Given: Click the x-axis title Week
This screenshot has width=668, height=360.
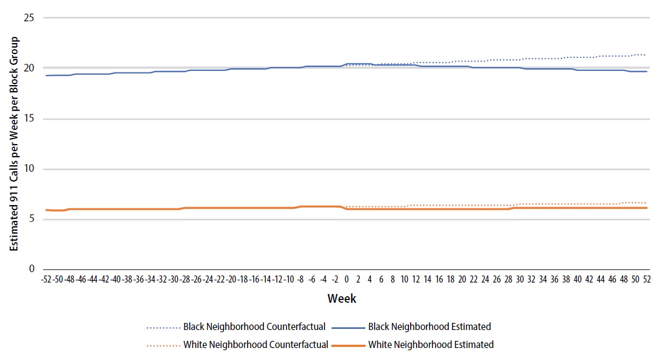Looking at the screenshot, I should (x=342, y=298).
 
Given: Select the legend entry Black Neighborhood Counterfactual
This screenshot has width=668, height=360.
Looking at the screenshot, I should (x=254, y=327).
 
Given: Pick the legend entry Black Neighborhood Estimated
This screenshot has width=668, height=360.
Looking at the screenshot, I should (x=430, y=327).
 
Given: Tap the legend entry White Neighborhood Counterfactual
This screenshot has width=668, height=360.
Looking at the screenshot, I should (x=255, y=345).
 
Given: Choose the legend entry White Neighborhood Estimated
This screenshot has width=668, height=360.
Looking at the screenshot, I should (x=431, y=345).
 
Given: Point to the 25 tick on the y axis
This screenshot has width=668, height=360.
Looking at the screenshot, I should (x=29, y=18).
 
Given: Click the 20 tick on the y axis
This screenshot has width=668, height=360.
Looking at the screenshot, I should (x=29, y=68).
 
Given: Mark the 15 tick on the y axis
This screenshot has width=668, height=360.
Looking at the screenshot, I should (x=29, y=118).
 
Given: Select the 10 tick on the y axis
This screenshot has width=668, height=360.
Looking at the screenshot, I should (x=29, y=169).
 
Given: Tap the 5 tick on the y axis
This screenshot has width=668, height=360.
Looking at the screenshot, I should (x=32, y=219).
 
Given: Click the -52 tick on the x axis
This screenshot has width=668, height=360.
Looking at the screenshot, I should (x=46, y=279).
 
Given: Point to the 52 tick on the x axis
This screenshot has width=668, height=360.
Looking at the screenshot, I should (x=647, y=279).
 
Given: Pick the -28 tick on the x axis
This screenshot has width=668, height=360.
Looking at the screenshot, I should (x=185, y=279).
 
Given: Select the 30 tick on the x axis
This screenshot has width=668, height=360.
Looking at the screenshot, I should (x=520, y=279).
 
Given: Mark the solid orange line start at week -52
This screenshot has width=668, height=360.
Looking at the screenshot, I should (x=46, y=210).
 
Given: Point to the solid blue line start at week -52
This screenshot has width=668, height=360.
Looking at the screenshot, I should (x=46, y=75).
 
